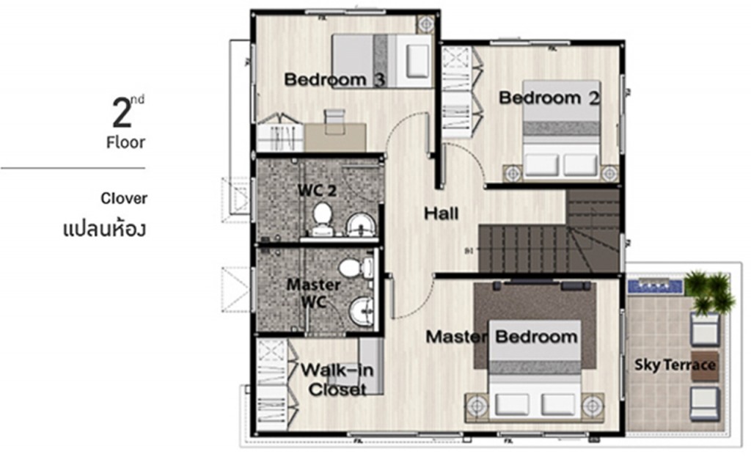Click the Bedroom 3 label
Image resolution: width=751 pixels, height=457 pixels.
pyautogui.click(x=334, y=79)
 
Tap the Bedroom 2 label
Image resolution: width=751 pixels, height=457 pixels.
pyautogui.click(x=549, y=98)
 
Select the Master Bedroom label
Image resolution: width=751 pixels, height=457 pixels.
pyautogui.click(x=502, y=337)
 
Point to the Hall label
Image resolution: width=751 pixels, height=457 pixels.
pyautogui.click(x=442, y=213)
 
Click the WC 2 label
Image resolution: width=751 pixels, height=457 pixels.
pyautogui.click(x=317, y=191)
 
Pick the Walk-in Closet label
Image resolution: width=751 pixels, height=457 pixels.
pyautogui.click(x=337, y=379)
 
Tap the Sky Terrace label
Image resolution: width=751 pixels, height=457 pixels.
pyautogui.click(x=675, y=365)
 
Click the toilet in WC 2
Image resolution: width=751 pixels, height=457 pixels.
pyautogui.click(x=321, y=217)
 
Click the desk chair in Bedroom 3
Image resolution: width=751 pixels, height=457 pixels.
pyautogui.click(x=334, y=116)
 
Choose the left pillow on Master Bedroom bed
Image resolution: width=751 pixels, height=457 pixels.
pyautogui.click(x=512, y=403)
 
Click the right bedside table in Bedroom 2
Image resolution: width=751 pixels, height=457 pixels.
pyautogui.click(x=609, y=173)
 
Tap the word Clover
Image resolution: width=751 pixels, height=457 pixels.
pyautogui.click(x=124, y=198)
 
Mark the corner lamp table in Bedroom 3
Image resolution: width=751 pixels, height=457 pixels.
pyautogui.click(x=425, y=23)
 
